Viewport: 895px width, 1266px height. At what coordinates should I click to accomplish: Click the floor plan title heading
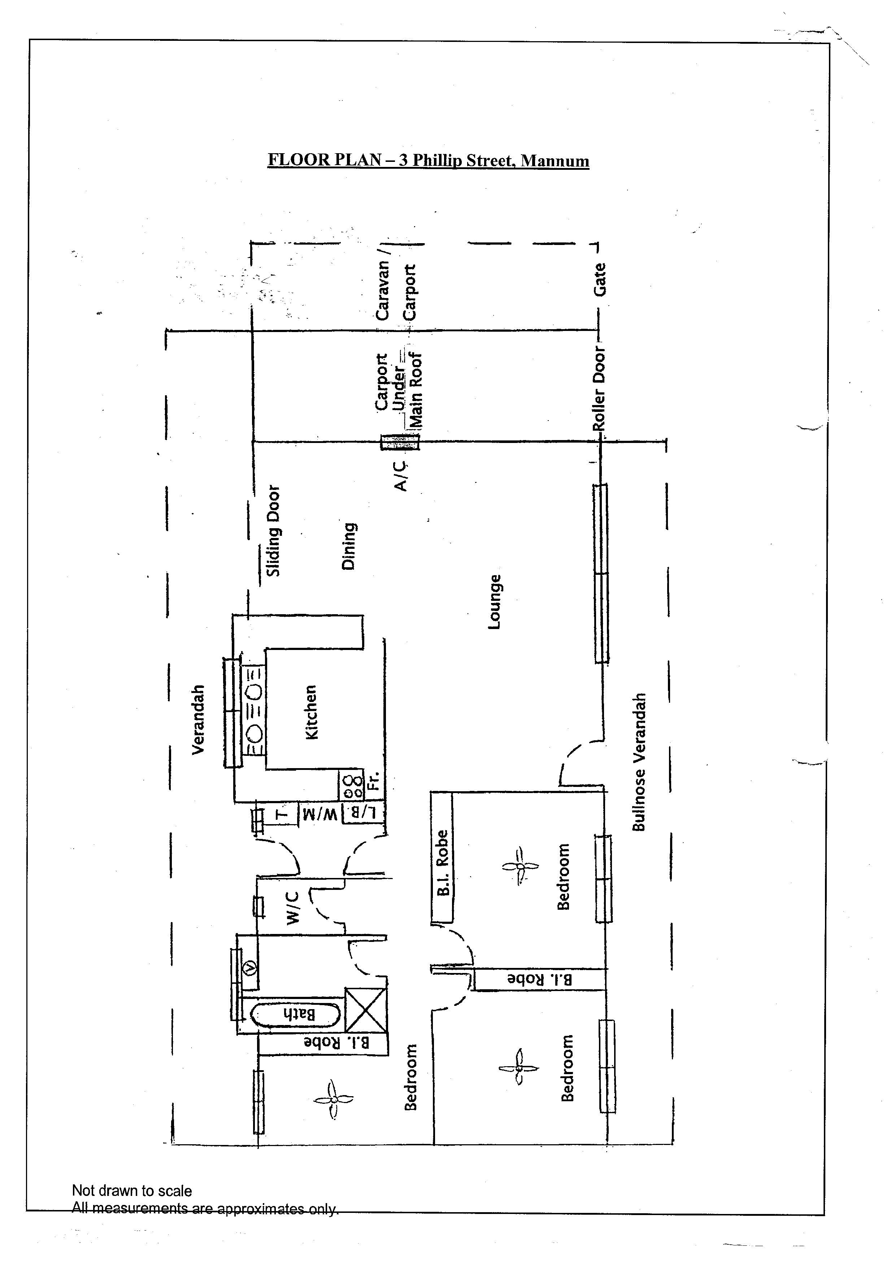tap(428, 160)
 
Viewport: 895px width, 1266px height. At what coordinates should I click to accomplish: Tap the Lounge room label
tap(495, 602)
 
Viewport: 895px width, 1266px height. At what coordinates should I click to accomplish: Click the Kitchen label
tap(311, 712)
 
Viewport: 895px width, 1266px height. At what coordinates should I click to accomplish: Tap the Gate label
tap(600, 279)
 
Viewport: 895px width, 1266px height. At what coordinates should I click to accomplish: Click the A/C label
tap(401, 476)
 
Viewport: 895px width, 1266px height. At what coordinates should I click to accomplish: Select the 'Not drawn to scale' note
tap(132, 1190)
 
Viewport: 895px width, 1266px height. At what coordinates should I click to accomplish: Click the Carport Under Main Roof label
tap(399, 391)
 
